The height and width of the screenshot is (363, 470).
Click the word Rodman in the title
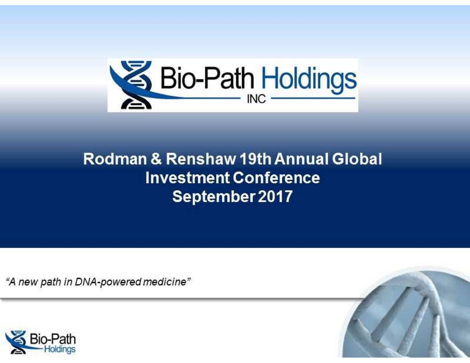click(x=115, y=159)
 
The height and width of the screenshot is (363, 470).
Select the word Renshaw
click(x=201, y=159)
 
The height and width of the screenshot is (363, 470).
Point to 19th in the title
click(x=255, y=159)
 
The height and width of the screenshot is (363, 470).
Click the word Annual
click(x=301, y=159)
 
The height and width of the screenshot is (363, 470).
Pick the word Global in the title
click(x=357, y=159)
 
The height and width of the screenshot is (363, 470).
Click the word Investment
click(x=187, y=178)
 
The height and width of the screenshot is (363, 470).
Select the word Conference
click(x=276, y=178)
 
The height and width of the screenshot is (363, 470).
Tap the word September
click(x=213, y=197)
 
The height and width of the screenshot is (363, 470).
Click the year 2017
click(x=275, y=197)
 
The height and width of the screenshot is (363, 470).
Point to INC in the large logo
click(x=256, y=99)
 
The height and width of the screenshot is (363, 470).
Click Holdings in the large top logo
click(x=308, y=79)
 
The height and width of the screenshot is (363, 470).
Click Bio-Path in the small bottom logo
click(x=53, y=339)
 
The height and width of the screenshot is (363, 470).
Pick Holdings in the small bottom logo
click(x=59, y=349)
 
